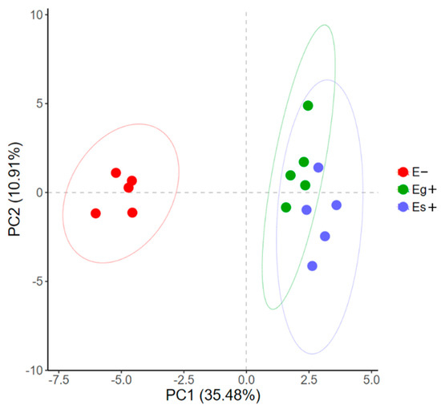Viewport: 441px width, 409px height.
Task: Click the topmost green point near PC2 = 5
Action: [308, 106]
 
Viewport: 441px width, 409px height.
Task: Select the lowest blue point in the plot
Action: [312, 265]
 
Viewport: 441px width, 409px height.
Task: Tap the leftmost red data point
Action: [96, 213]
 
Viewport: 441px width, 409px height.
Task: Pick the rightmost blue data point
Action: [336, 205]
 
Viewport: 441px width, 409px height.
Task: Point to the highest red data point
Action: [116, 173]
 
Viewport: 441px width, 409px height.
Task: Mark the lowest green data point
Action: [286, 208]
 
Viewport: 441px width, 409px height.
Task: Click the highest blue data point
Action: [318, 168]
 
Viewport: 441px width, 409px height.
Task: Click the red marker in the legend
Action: [403, 172]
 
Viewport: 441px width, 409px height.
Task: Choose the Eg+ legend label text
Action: [425, 189]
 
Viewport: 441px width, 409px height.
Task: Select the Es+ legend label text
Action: [425, 207]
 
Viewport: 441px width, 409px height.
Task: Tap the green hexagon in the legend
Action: [403, 189]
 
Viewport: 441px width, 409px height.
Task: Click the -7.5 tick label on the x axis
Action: [59, 379]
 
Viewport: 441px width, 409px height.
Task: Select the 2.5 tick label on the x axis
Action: [309, 379]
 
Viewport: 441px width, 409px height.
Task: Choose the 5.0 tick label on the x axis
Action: [371, 379]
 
